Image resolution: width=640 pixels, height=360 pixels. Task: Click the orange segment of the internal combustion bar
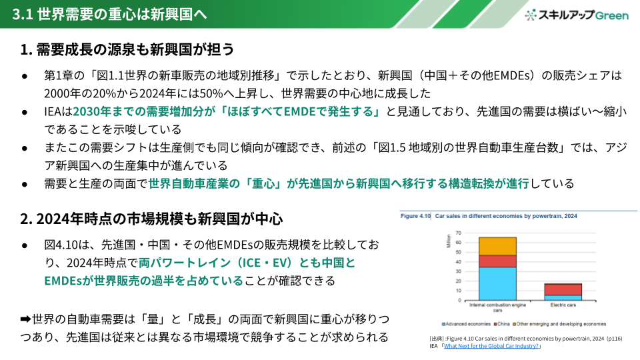497,247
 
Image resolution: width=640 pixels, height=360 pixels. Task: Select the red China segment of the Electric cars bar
563,289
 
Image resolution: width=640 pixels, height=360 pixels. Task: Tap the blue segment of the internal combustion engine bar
497,284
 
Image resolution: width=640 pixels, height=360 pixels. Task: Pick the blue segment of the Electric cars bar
563,297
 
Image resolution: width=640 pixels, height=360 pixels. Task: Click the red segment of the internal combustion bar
497,261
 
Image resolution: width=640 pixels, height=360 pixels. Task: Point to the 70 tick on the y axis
459,233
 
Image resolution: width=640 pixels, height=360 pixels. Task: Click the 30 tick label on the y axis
459,271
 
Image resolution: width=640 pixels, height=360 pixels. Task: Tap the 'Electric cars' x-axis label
563,305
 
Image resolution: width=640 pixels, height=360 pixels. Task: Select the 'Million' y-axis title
449,241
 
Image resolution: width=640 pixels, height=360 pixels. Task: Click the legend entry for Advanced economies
466,324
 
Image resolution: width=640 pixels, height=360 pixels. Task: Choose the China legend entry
501,324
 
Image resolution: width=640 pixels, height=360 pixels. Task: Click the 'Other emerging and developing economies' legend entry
559,324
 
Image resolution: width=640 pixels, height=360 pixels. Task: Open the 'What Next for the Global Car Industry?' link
491,346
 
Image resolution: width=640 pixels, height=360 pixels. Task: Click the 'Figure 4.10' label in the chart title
415,216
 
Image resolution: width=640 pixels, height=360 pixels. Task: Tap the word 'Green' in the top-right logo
612,15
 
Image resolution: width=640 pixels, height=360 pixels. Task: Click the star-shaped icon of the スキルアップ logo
530,15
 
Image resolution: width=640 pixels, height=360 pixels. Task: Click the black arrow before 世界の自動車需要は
26,319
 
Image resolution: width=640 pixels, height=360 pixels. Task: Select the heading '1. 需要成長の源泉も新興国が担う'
127,49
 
